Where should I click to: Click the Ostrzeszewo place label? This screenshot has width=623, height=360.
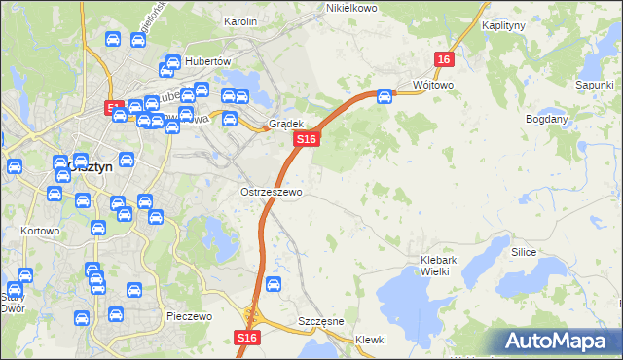point(272,192)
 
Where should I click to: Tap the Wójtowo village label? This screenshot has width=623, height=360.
point(432,85)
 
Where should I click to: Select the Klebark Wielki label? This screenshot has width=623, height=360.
point(448,265)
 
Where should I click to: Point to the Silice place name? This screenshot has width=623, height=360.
point(525,251)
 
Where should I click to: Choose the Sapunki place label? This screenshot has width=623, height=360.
point(593,86)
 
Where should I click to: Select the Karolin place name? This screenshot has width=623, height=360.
point(239,21)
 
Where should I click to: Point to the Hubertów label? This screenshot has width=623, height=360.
point(206,60)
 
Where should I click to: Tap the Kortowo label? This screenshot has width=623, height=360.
point(40,232)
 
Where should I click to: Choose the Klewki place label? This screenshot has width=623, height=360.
point(371,340)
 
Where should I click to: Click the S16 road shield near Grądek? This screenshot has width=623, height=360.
point(307,140)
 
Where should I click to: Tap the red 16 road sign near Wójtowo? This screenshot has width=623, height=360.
point(444,59)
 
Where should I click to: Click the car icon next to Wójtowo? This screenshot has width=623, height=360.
point(385,96)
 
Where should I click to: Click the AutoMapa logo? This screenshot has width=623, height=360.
point(556,342)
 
